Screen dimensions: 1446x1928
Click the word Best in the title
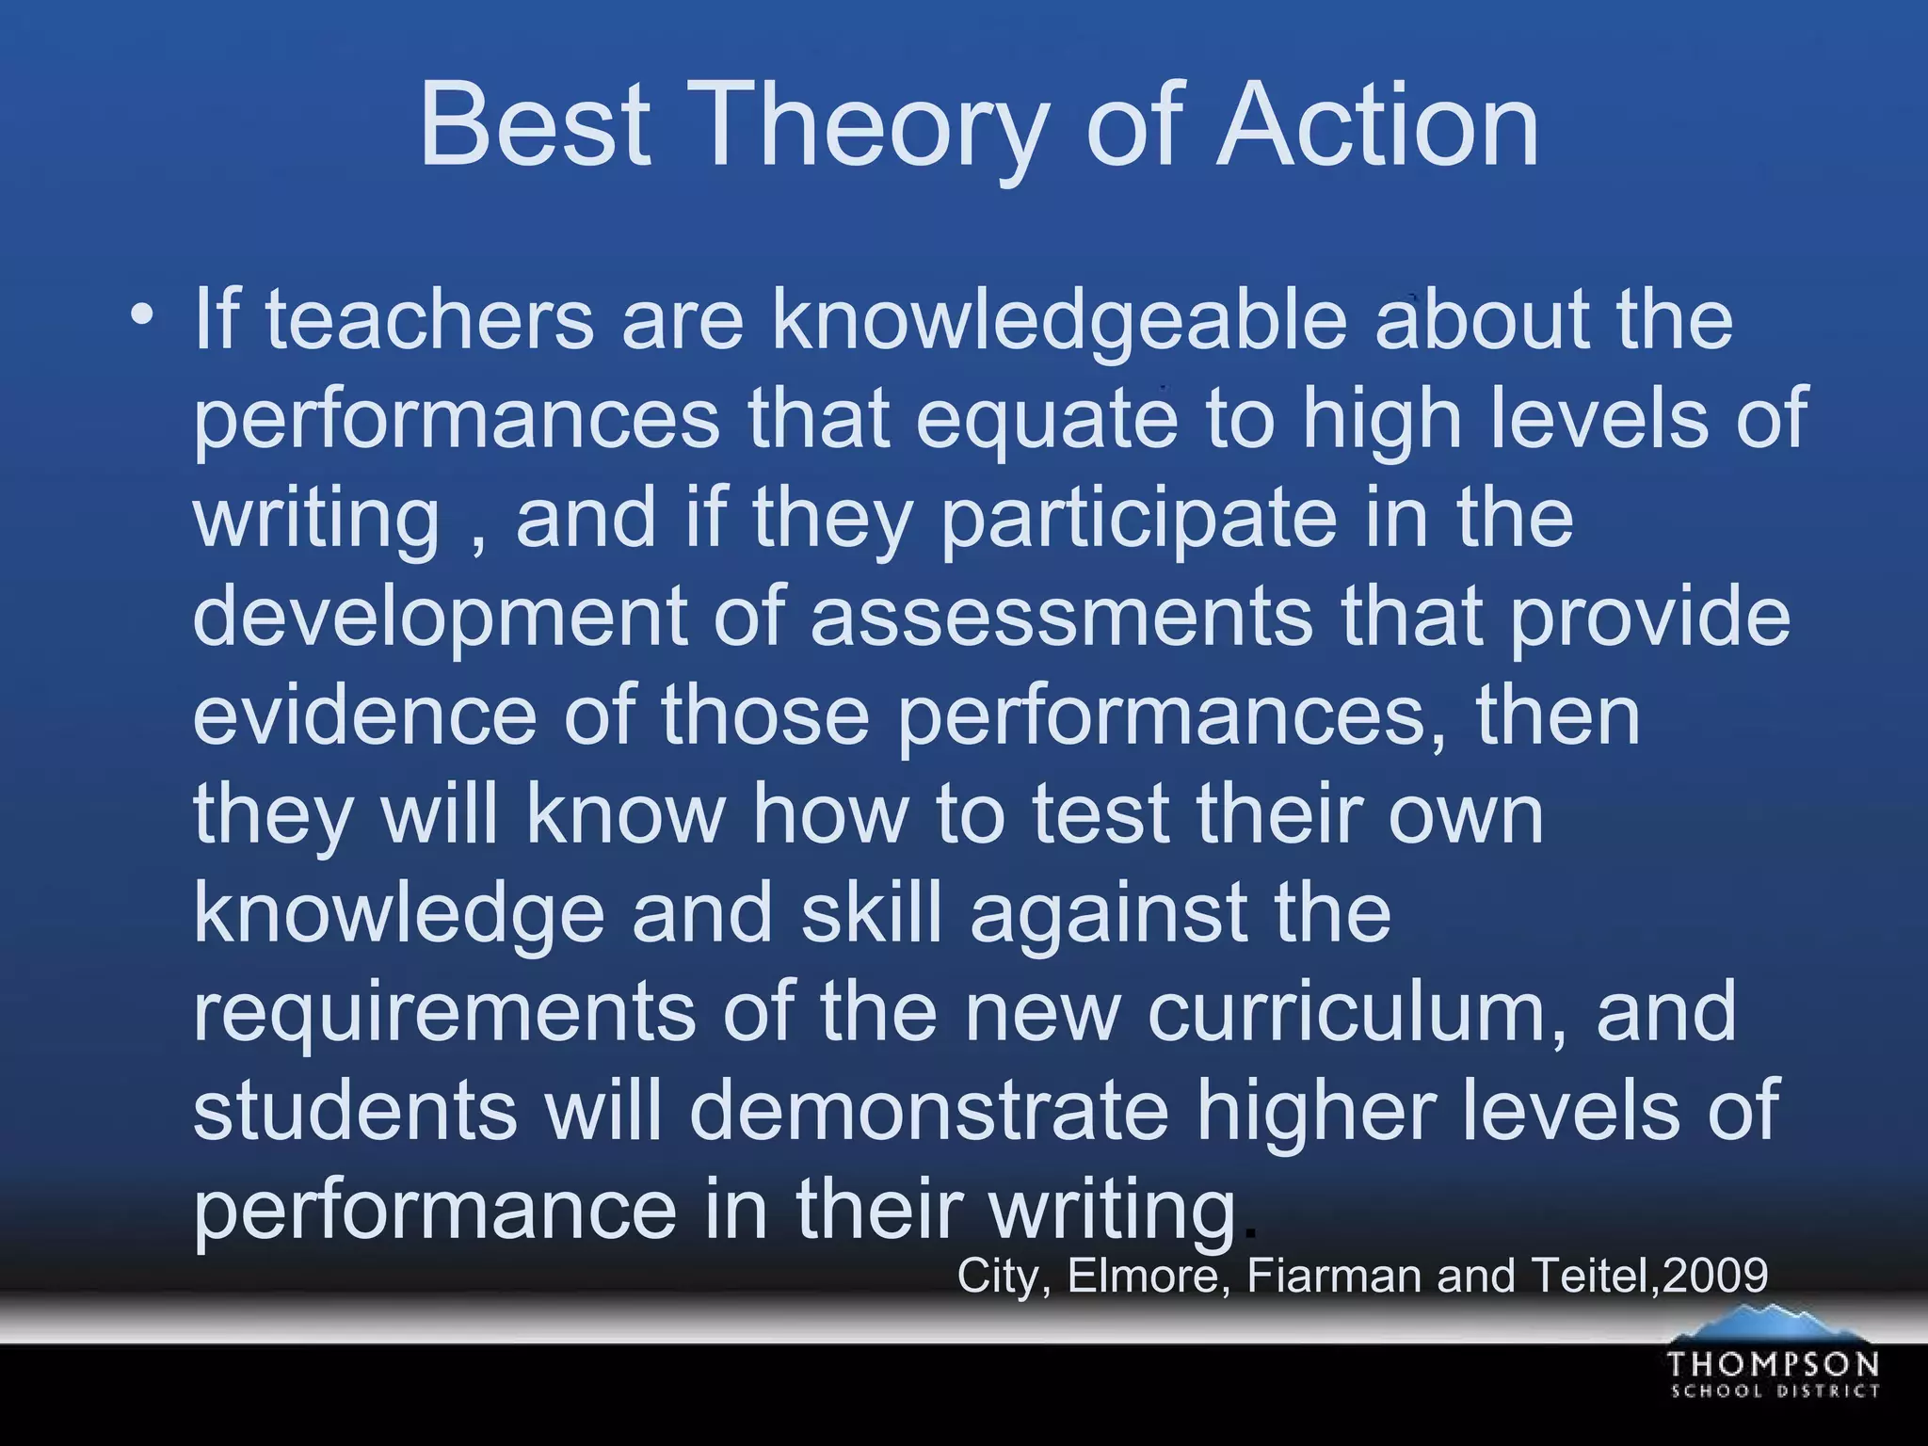(535, 124)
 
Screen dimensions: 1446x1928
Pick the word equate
(1046, 421)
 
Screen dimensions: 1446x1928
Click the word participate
(1139, 520)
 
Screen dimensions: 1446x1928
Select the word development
(440, 619)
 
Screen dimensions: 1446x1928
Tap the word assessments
(1061, 619)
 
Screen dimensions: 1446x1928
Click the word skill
(871, 913)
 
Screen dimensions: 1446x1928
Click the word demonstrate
(928, 1111)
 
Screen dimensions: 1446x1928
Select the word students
(355, 1111)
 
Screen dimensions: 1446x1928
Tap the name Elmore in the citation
(1142, 1277)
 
